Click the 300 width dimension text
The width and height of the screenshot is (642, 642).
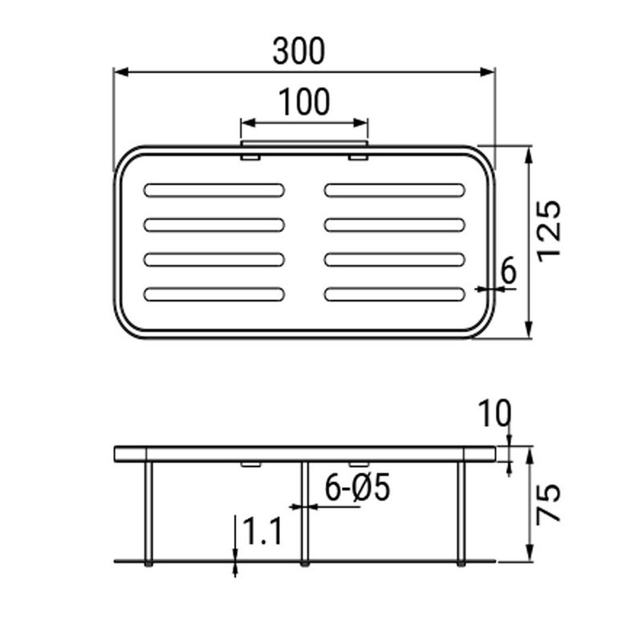click(x=299, y=51)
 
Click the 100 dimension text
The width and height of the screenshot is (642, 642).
click(x=304, y=103)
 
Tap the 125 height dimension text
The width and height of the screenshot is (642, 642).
click(x=549, y=230)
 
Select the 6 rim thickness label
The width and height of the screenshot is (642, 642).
click(x=508, y=272)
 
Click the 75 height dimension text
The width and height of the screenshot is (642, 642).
click(x=549, y=504)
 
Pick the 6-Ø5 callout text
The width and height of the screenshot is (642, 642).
click(x=357, y=488)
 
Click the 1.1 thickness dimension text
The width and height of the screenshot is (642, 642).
click(x=262, y=532)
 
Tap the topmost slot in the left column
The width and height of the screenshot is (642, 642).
click(x=214, y=190)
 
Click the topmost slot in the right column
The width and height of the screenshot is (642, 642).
click(x=395, y=190)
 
